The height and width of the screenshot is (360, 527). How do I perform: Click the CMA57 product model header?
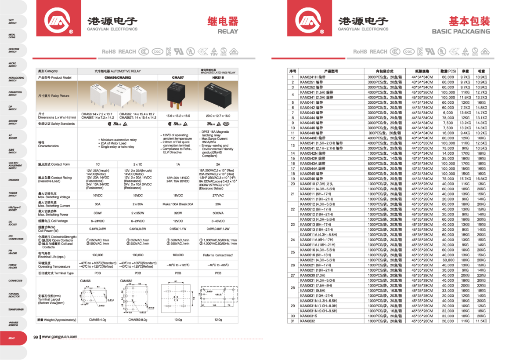click(178, 77)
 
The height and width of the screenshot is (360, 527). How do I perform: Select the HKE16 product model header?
click(218, 77)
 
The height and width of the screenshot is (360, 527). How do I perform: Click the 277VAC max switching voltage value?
click(218, 196)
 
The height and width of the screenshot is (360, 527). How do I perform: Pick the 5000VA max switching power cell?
click(218, 213)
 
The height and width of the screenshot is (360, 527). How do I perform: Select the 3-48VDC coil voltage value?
click(218, 221)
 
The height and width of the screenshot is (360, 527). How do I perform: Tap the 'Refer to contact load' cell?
click(218, 255)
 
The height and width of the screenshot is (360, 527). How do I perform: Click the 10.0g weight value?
click(178, 320)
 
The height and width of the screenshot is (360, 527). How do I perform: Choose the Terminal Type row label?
click(56, 273)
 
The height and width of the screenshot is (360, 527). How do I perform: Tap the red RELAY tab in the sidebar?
click(12, 338)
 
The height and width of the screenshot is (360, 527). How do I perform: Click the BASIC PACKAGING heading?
click(461, 32)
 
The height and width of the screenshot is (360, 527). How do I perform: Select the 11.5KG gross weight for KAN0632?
click(481, 321)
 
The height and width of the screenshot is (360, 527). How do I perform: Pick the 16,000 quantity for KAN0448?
click(448, 133)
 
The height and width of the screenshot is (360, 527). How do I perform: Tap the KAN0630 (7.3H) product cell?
click(314, 275)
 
